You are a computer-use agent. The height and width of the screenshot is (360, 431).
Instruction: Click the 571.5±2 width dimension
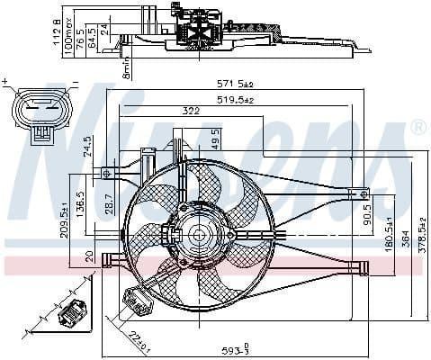233,85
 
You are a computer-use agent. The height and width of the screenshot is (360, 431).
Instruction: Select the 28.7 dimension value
108,203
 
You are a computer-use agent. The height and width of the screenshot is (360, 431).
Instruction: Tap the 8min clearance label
127,67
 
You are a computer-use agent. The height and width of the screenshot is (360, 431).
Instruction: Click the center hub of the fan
198,235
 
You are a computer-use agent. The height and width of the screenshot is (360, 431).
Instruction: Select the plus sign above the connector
7,82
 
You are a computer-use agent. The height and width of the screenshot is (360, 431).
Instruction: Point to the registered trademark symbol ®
418,129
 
